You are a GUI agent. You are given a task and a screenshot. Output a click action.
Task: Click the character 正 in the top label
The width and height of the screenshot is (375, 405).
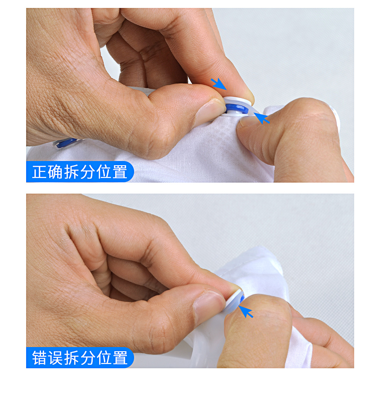click(x=39, y=172)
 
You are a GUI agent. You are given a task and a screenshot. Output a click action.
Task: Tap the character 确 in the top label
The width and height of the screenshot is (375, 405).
click(x=56, y=172)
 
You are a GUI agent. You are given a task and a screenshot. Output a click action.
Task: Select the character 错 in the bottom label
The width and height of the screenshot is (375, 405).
click(x=39, y=358)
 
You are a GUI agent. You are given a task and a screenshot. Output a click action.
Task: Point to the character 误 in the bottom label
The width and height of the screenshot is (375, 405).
click(x=56, y=358)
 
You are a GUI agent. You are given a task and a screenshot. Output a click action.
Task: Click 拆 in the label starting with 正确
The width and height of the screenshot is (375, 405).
click(x=72, y=172)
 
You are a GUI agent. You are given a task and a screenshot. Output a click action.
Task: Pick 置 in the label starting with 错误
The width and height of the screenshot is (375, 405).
click(x=120, y=358)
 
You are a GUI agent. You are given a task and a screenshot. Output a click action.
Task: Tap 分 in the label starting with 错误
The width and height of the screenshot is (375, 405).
click(x=87, y=358)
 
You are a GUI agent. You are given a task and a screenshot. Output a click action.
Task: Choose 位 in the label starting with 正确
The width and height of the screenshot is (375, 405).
click(x=104, y=172)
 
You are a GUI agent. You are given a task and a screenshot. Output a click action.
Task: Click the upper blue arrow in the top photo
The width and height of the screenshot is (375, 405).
click(x=219, y=84)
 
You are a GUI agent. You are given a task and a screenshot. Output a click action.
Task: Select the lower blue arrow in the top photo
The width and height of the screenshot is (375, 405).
click(x=262, y=118)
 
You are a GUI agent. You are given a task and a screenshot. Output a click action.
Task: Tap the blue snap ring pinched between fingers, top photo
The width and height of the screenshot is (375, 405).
click(x=237, y=109)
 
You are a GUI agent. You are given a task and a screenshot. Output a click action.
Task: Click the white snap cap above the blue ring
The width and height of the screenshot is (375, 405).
click(x=237, y=100)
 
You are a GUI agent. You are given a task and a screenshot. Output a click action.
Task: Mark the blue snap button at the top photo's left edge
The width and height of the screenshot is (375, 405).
click(x=67, y=143)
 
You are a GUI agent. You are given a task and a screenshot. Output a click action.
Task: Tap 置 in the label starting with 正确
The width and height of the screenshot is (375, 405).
click(x=120, y=172)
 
